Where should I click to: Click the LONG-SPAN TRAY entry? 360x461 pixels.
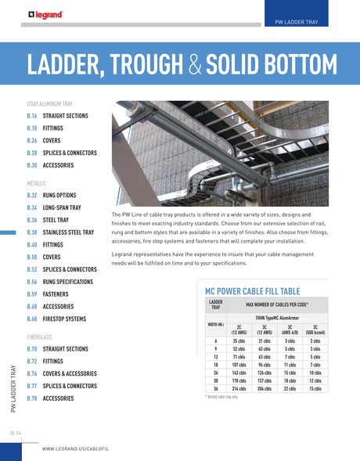pos(68,207)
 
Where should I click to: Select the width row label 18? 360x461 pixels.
pos(214,365)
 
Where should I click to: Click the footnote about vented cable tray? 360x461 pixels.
pos(221,398)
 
